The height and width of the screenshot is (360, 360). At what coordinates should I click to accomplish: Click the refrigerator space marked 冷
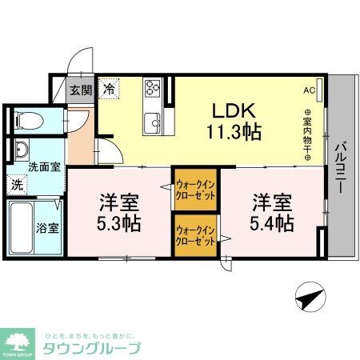pyautogui.click(x=108, y=90)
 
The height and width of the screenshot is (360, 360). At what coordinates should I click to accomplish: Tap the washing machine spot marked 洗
pyautogui.click(x=17, y=184)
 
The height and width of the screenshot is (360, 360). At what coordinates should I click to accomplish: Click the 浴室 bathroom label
pyautogui.click(x=47, y=227)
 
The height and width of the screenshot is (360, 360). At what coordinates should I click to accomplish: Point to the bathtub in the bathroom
pyautogui.click(x=20, y=227)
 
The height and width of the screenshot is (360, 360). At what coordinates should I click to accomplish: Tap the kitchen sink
pyautogui.click(x=152, y=122)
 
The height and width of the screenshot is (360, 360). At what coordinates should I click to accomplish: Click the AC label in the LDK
pyautogui.click(x=309, y=90)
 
